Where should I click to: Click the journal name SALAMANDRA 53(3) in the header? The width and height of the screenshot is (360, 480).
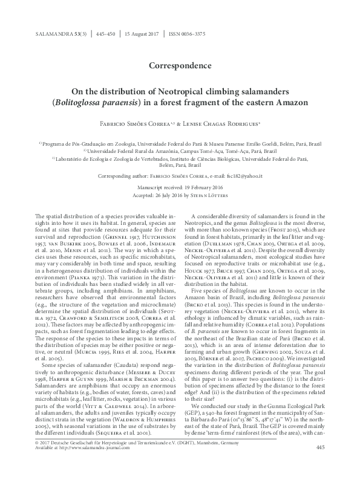coord(61,34)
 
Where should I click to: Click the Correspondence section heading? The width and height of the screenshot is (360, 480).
coord(180,63)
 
